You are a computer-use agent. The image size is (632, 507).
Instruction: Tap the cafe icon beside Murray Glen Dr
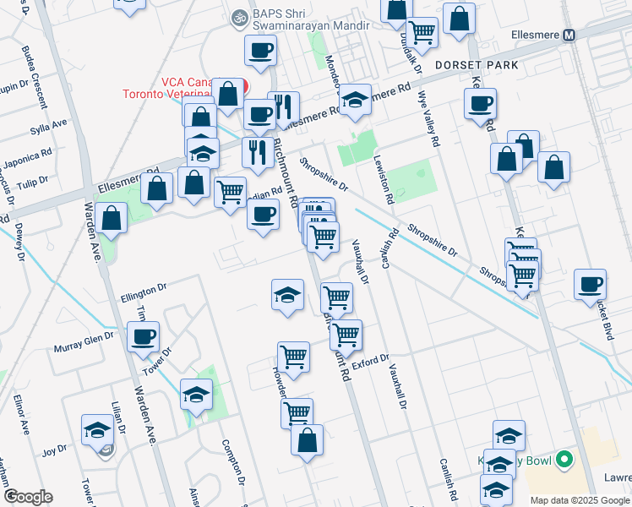(x=143, y=338)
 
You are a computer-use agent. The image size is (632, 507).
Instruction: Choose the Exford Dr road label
(x=371, y=362)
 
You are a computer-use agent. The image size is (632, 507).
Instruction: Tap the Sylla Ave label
(x=48, y=124)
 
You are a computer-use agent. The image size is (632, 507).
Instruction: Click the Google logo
(x=28, y=497)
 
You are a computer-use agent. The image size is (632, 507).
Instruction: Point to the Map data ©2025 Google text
(x=579, y=500)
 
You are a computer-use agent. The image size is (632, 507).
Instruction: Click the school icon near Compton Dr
(x=196, y=395)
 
